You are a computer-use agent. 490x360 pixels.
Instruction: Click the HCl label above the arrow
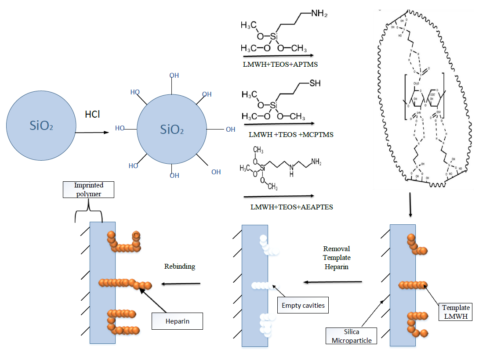point(92,114)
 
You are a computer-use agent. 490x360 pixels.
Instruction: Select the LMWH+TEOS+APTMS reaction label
point(280,64)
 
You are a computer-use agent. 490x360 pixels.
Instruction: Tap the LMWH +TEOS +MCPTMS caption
point(290,134)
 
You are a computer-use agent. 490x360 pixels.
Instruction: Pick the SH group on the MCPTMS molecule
point(315,84)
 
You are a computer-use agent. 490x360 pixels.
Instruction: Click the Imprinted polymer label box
point(88,189)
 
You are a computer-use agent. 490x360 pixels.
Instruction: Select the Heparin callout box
point(177,321)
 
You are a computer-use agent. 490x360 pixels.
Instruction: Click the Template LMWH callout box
point(455,312)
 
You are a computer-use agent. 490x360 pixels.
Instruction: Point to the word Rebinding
point(180,266)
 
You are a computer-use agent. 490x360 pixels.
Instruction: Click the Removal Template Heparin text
point(337,258)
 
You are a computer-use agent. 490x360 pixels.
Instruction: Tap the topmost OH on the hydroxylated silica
point(174,76)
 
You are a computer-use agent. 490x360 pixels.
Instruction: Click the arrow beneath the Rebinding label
point(181,284)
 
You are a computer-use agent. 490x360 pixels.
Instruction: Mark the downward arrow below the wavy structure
point(410,205)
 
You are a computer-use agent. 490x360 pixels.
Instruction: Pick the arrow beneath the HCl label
point(92,131)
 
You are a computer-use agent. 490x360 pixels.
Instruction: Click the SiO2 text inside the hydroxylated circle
point(172,130)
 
